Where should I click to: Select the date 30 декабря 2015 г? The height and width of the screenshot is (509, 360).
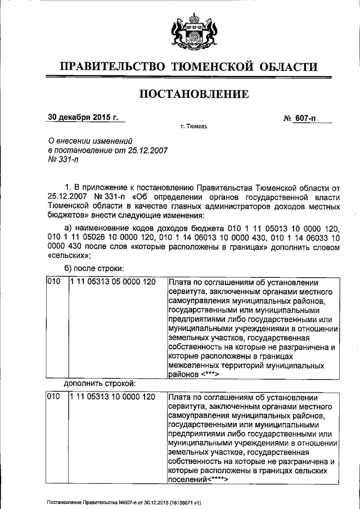pyautogui.click(x=84, y=118)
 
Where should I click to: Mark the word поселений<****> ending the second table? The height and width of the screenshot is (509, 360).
pyautogui.click(x=197, y=480)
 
